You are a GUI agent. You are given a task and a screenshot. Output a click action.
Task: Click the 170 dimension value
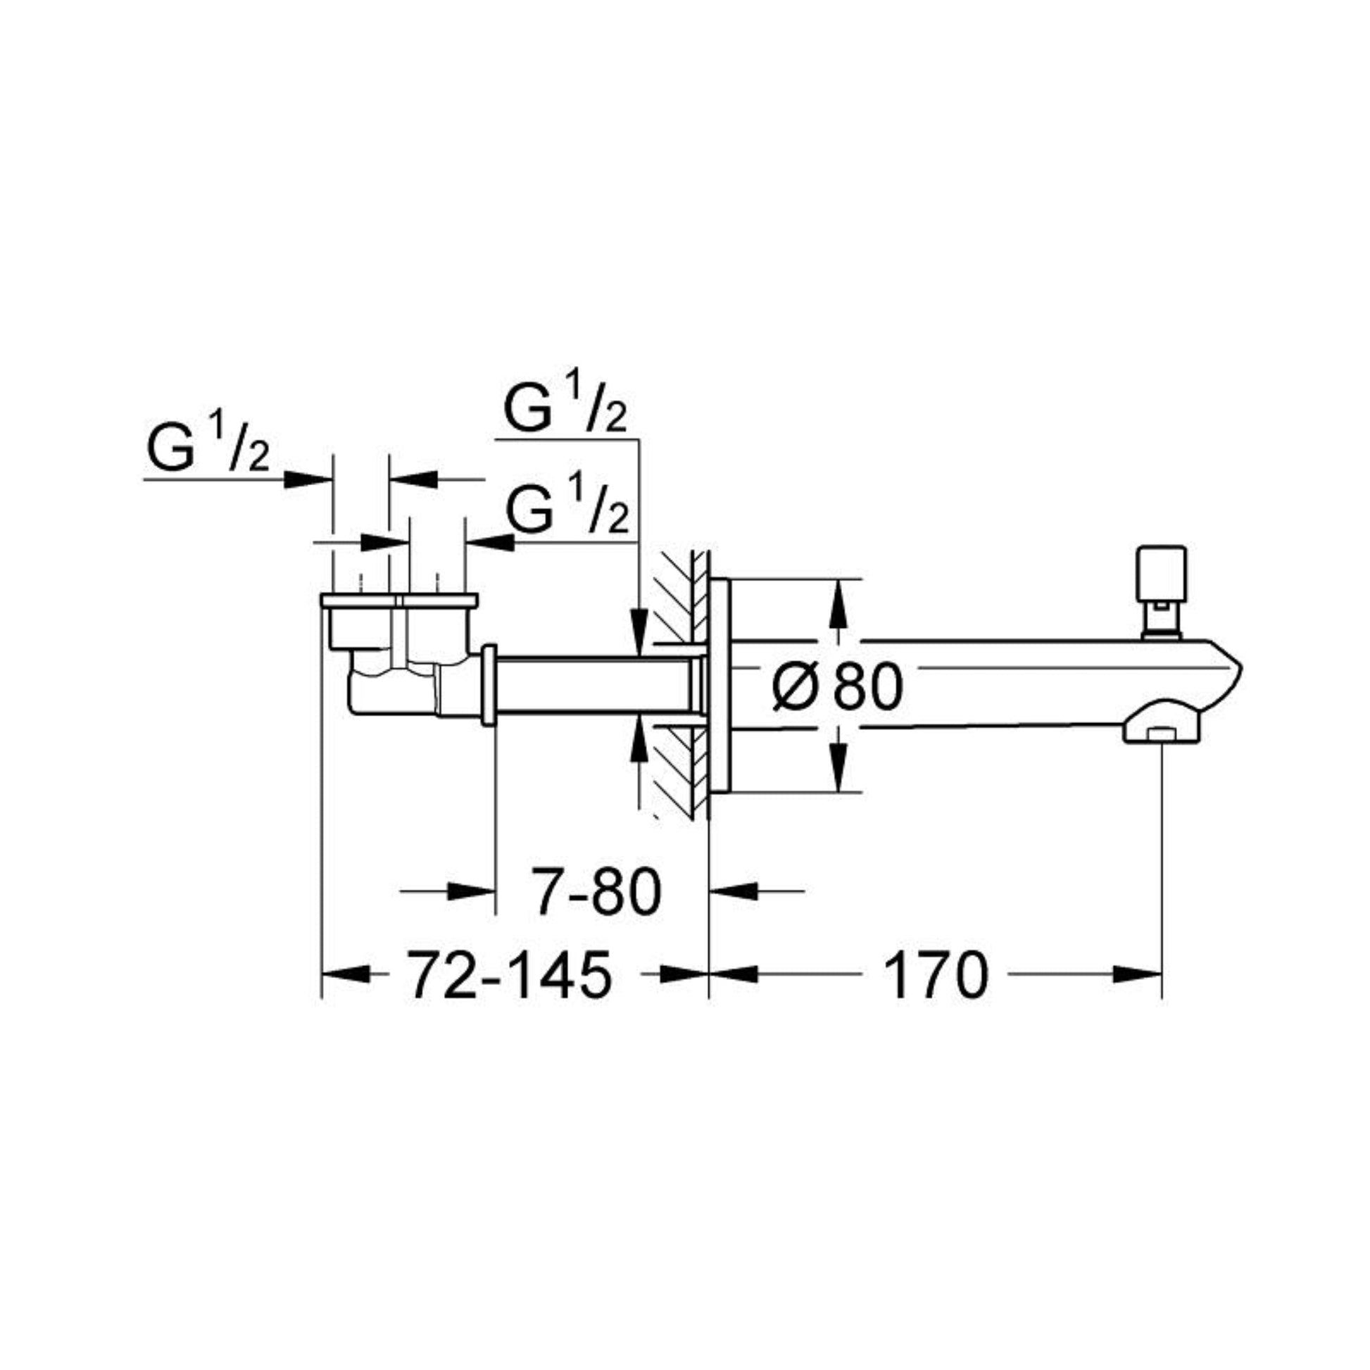pyautogui.click(x=936, y=975)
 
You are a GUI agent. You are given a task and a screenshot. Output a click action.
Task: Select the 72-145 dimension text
pyautogui.click(x=508, y=975)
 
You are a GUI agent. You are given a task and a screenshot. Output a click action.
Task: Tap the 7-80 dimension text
pyautogui.click(x=598, y=892)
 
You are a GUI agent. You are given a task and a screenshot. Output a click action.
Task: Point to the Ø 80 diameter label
pyautogui.click(x=838, y=687)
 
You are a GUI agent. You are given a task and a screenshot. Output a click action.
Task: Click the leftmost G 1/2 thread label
pyautogui.click(x=208, y=447)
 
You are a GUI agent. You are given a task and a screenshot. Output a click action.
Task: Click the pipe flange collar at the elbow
pyautogui.click(x=489, y=686)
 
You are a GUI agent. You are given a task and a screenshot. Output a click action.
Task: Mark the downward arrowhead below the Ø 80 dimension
pyautogui.click(x=838, y=769)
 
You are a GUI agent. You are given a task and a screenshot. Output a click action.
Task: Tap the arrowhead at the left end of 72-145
pyautogui.click(x=346, y=975)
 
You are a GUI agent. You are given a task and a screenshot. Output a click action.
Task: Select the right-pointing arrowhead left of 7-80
pyautogui.click(x=472, y=891)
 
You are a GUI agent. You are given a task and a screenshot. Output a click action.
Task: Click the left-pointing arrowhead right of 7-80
pyautogui.click(x=733, y=891)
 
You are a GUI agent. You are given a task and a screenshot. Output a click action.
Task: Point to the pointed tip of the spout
pyautogui.click(x=1242, y=667)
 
